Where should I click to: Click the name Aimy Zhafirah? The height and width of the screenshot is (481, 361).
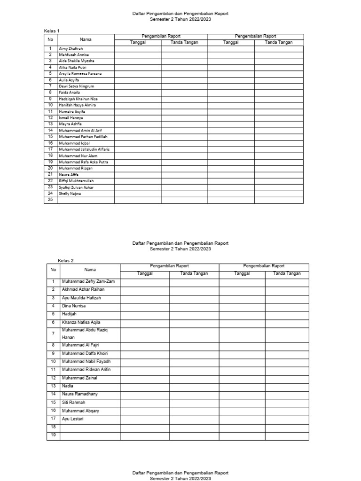(71, 48)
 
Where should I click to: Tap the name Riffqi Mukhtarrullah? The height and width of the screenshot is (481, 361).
(76, 181)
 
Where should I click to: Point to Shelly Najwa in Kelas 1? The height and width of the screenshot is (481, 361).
(70, 194)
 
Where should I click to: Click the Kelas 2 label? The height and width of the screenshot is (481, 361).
(66, 260)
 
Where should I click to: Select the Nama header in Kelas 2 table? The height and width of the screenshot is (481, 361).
(90, 270)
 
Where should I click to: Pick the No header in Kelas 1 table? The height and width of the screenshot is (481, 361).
(50, 39)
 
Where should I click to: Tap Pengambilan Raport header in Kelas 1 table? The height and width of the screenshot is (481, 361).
(161, 36)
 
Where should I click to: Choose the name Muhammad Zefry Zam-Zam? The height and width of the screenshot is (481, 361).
(88, 281)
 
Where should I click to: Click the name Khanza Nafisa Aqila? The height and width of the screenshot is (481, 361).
(81, 322)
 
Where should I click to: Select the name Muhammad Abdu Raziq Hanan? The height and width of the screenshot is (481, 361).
(85, 334)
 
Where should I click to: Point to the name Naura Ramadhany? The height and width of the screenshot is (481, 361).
(80, 394)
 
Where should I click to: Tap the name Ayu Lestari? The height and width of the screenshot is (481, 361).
(72, 419)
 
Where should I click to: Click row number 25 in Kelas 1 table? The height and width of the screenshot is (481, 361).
(50, 200)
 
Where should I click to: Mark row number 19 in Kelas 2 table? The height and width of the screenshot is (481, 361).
(53, 435)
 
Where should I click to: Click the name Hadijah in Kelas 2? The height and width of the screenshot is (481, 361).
(69, 314)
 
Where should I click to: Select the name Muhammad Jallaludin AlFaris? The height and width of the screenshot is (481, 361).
(84, 149)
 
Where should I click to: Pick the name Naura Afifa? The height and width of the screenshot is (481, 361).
(69, 175)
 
